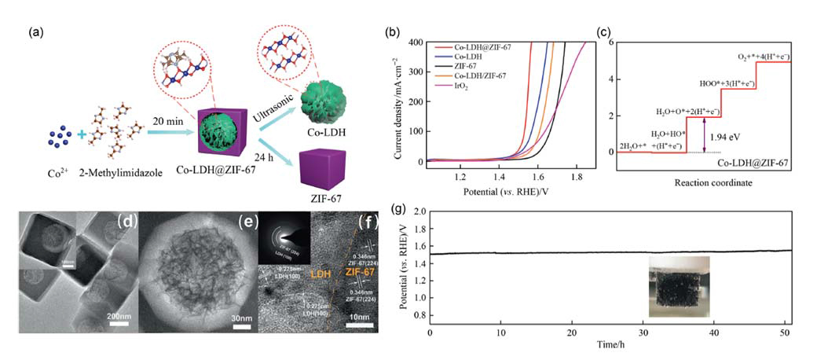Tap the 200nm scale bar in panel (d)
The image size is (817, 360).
[119, 315]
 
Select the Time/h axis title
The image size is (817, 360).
[610, 343]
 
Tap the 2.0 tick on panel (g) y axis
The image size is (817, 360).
[418, 212]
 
